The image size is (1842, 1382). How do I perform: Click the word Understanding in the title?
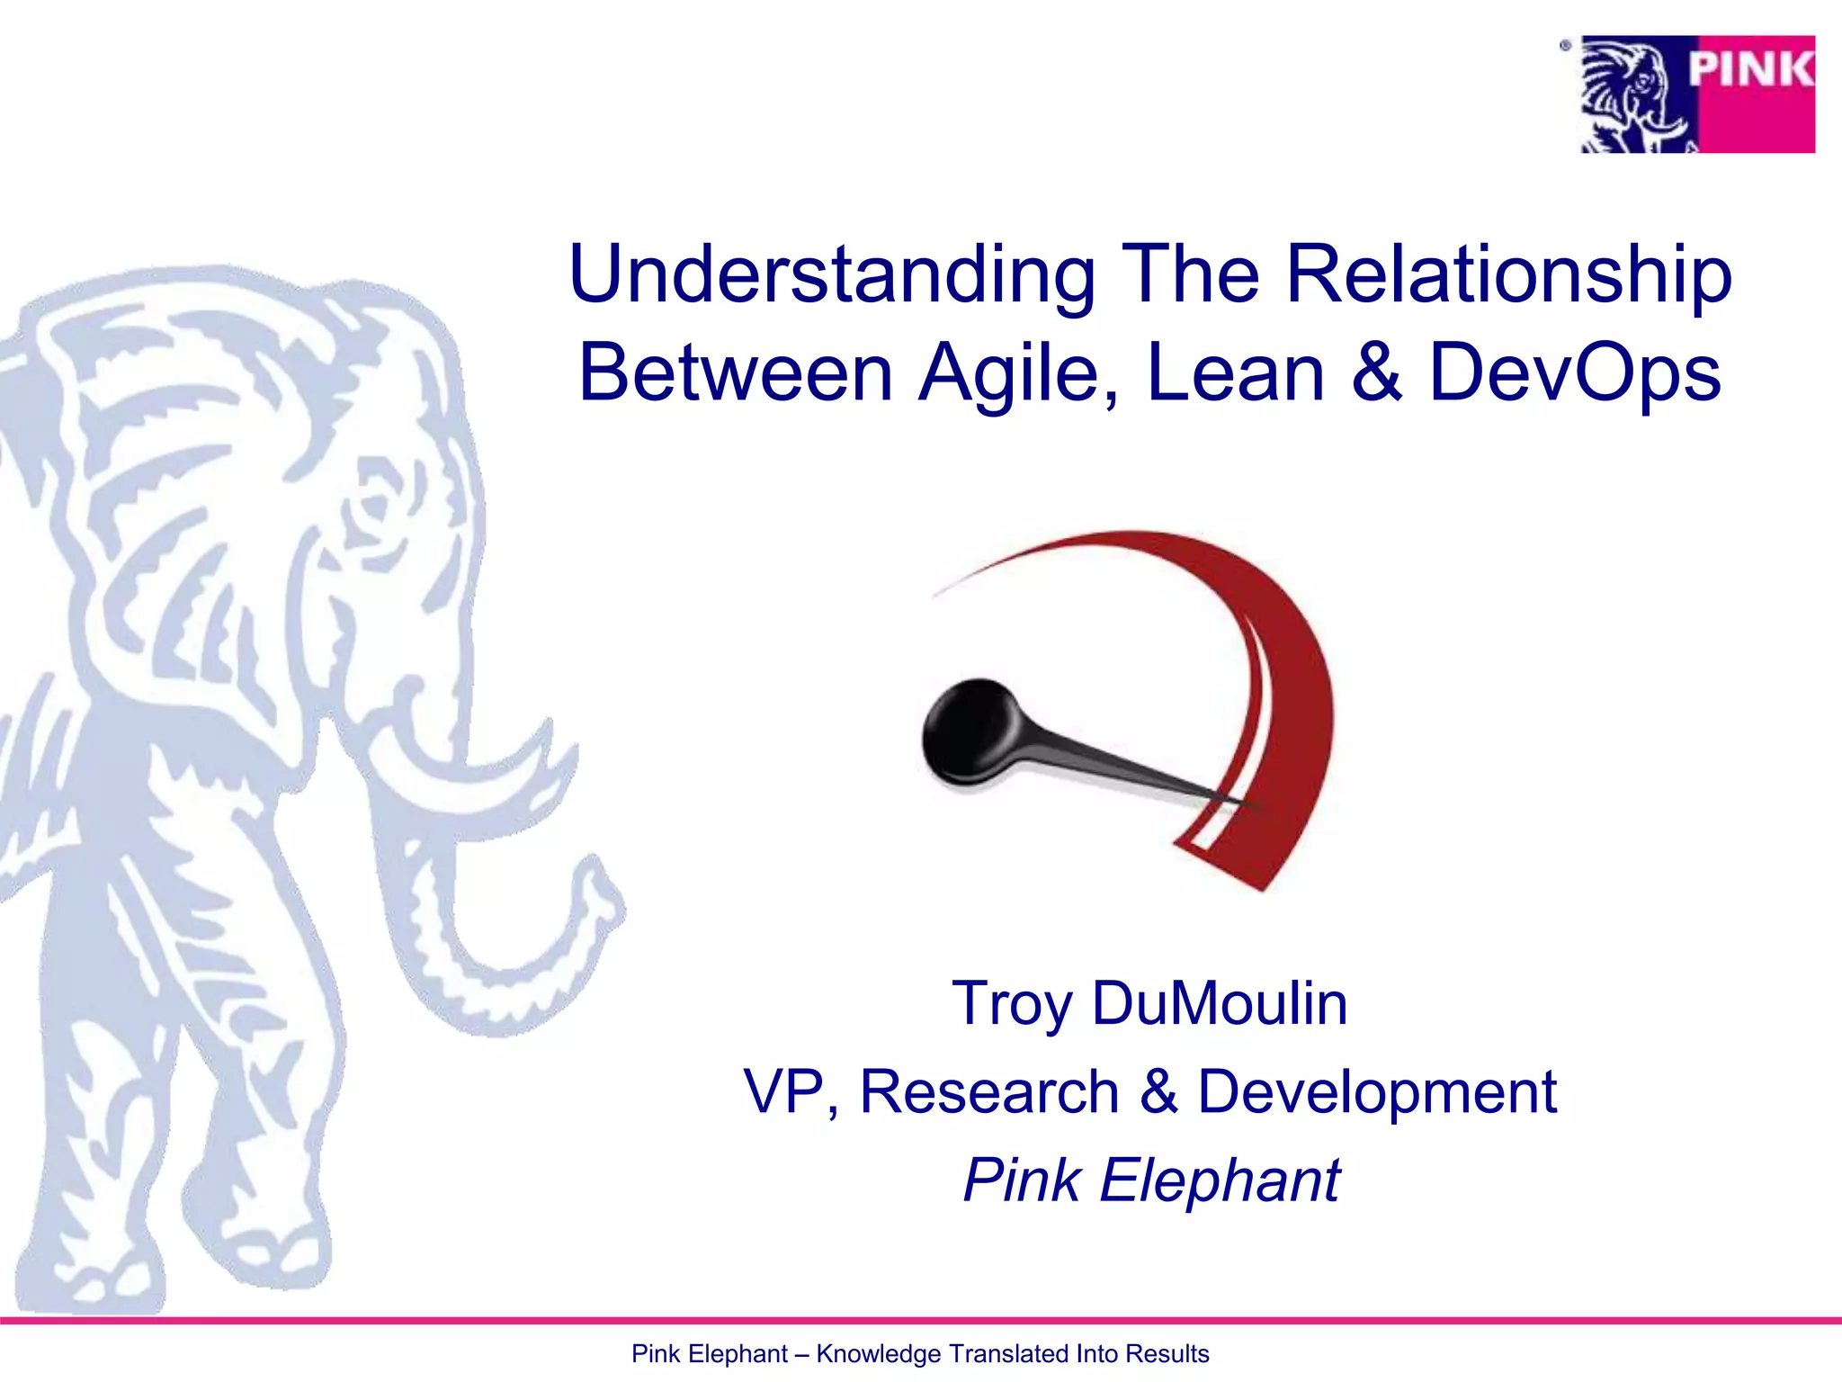832,274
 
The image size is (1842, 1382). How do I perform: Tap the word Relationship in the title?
1507,274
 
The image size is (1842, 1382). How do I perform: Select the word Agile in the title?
1019,373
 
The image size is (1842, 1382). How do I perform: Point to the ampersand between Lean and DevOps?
1376,372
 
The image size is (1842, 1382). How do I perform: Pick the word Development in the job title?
1377,1091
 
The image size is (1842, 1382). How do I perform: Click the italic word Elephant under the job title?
1220,1180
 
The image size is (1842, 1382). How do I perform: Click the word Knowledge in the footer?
879,1354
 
